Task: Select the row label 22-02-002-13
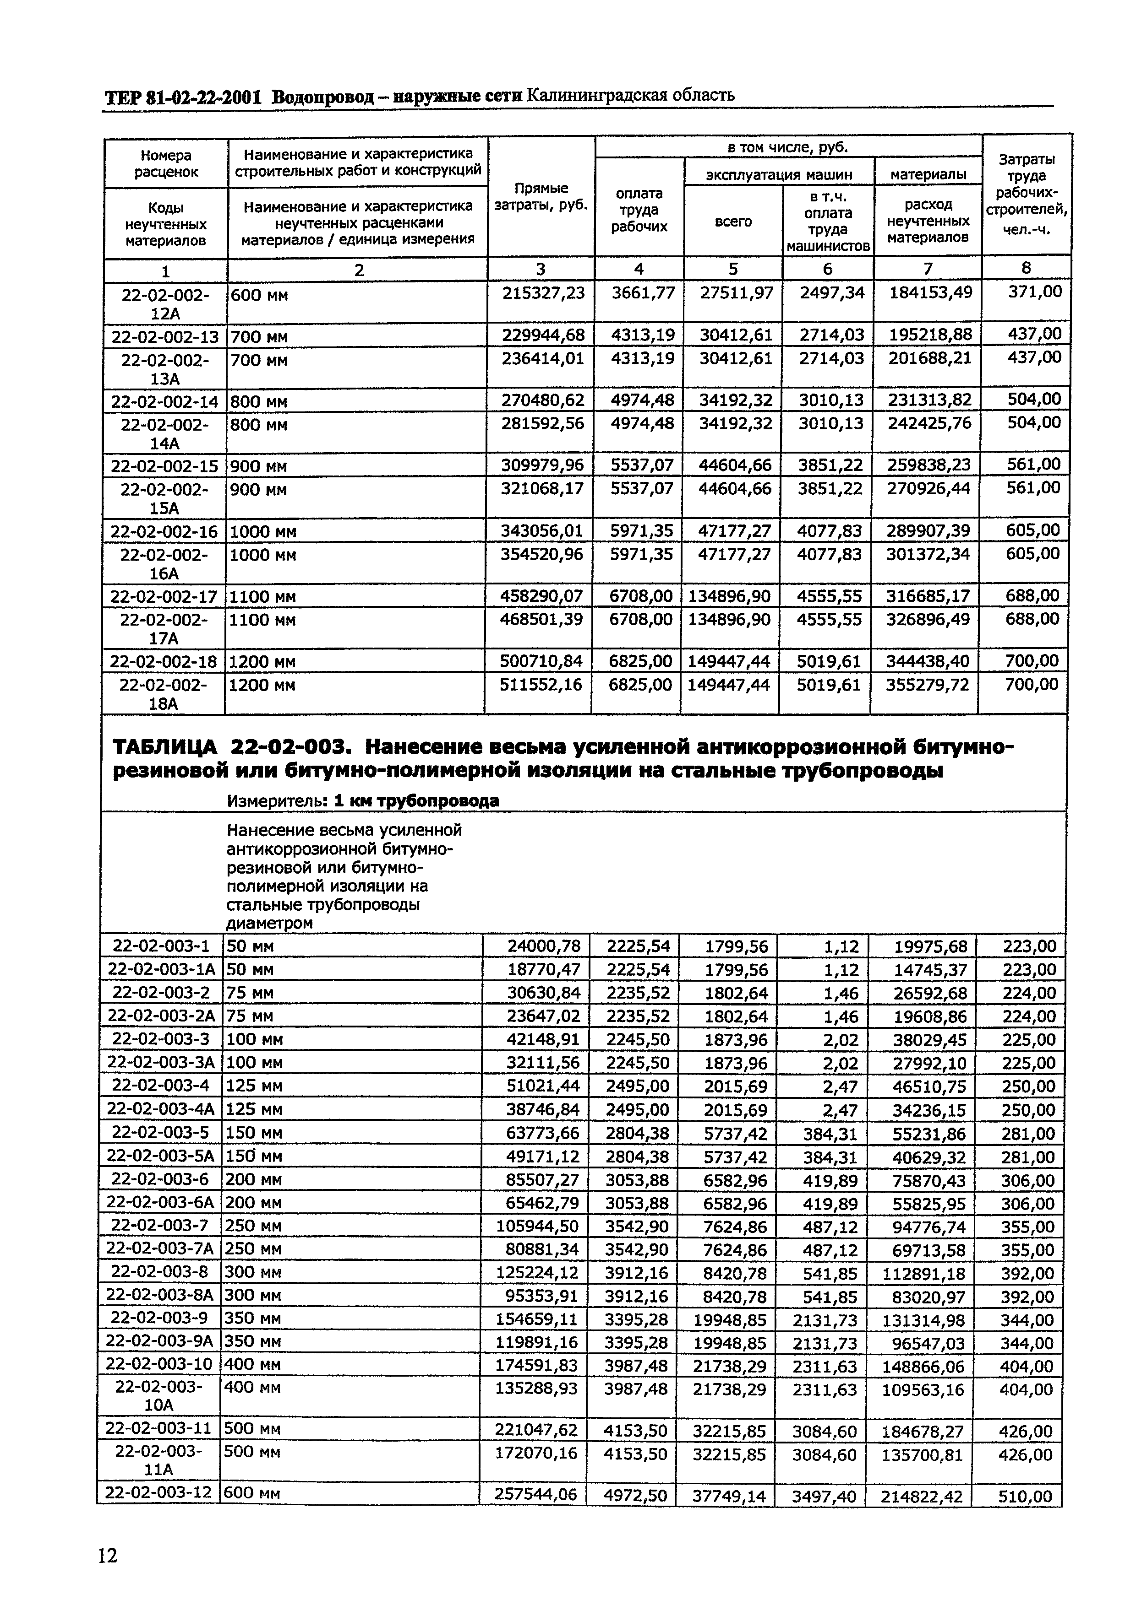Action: (x=165, y=337)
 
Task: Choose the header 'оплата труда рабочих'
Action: (x=639, y=210)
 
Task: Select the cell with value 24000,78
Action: (x=544, y=946)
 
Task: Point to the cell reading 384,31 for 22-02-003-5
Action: (x=830, y=1133)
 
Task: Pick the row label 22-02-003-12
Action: (x=158, y=1493)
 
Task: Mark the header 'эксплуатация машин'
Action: (x=779, y=174)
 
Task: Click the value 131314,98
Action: (x=928, y=1320)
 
